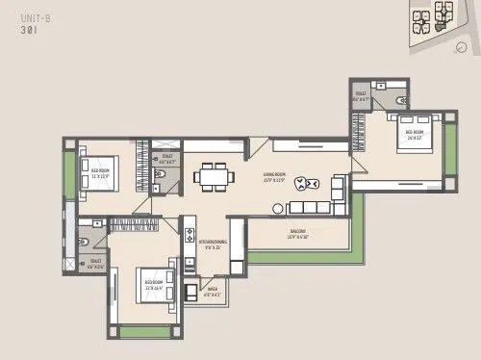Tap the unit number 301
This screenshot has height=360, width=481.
coord(19,30)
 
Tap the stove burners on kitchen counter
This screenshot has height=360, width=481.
coord(190,237)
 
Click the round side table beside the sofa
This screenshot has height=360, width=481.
coord(276,207)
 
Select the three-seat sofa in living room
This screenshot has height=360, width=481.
coord(309,208)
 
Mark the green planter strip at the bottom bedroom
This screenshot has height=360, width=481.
coord(144,331)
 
